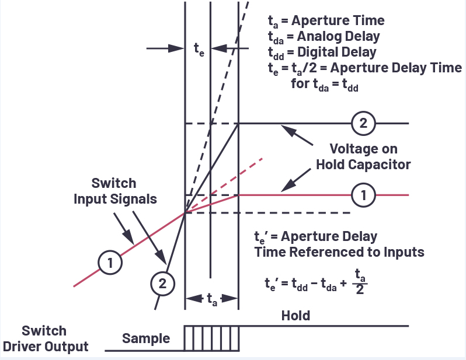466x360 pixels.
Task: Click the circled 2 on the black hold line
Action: tap(363, 124)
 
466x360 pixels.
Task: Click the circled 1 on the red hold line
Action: tap(364, 195)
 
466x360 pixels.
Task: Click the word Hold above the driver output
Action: tap(295, 316)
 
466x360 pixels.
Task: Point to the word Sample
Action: tap(146, 338)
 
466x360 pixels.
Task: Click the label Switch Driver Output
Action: tap(46, 338)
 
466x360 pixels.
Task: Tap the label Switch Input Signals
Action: tap(115, 191)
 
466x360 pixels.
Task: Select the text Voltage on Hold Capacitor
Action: tap(363, 156)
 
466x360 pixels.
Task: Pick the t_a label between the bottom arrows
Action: tap(211, 299)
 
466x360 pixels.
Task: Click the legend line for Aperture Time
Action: tap(326, 20)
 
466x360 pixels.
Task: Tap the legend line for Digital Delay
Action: tap(322, 52)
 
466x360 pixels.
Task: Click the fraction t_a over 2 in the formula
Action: tap(360, 281)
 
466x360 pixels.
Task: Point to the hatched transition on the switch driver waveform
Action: tap(211, 338)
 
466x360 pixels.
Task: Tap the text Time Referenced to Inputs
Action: tap(339, 252)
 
